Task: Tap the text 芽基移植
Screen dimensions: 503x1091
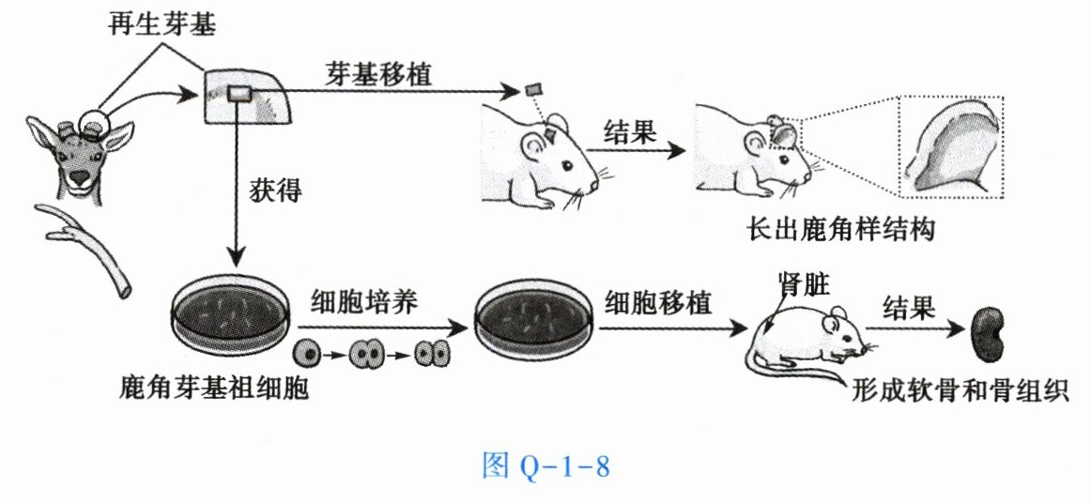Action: [379, 73]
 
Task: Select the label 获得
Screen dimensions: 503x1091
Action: [277, 189]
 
